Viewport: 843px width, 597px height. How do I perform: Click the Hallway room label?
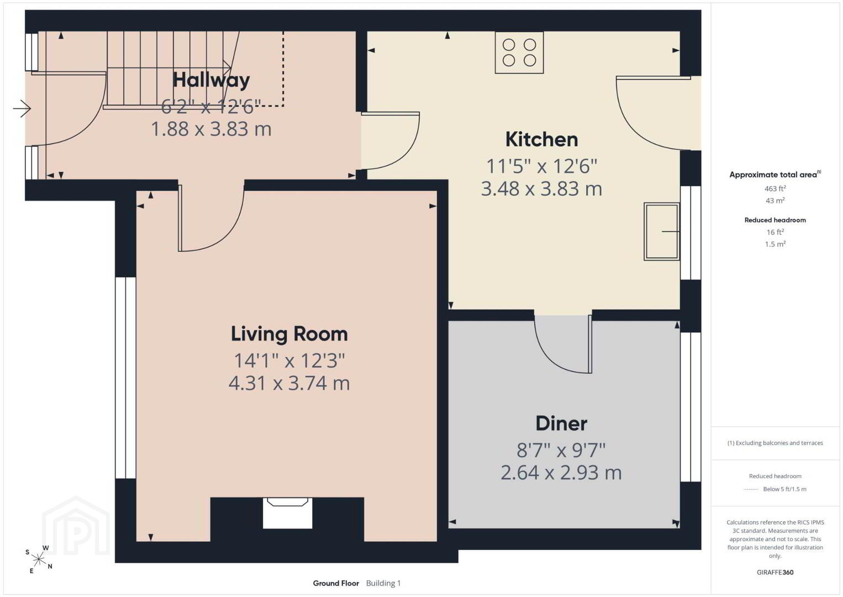pos(211,80)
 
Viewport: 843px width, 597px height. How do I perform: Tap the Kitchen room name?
pos(541,139)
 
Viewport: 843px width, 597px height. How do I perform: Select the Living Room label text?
pos(289,334)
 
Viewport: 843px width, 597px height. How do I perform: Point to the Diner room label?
pos(561,423)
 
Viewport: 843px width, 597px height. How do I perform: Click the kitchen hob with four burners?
pos(519,53)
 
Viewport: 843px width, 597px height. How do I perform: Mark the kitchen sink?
pos(662,231)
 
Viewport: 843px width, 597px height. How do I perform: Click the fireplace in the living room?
pos(287,512)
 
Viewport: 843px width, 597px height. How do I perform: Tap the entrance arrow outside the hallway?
pos(22,109)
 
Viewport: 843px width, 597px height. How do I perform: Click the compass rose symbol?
pos(38,559)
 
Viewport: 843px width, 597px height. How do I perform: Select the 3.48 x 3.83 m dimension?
pos(541,188)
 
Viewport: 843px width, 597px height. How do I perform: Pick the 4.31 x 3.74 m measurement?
pos(289,383)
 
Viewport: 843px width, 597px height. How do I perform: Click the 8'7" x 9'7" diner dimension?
pos(561,450)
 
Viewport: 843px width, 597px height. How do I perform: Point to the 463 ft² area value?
pos(775,188)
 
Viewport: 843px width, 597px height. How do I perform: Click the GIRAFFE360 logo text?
pos(775,572)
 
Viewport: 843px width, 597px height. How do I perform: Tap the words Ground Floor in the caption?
pos(336,583)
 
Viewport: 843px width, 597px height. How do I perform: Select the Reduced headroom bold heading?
pos(775,220)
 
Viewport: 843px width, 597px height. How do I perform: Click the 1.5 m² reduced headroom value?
pos(775,244)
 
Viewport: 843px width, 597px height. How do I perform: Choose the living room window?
pos(125,378)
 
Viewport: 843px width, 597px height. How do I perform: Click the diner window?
pos(691,407)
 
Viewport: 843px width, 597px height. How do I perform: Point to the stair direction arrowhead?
pos(227,67)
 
